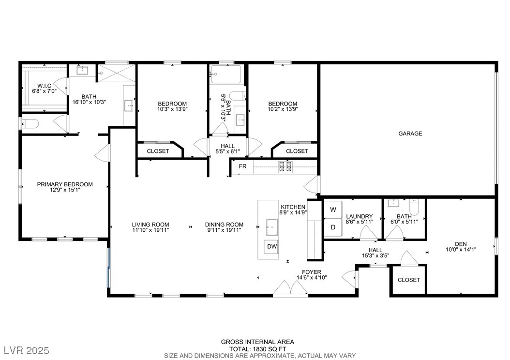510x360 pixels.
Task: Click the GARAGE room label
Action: (410, 134)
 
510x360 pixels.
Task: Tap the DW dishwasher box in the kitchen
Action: (272, 246)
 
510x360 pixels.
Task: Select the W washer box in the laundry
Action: (333, 210)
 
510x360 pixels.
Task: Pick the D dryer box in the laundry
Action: (333, 227)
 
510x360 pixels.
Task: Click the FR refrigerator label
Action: (242, 166)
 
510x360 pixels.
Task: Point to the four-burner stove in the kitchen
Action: (285, 166)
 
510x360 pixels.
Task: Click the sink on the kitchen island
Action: (271, 227)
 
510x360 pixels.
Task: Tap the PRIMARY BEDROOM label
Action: (65, 184)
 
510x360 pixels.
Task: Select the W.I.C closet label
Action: (44, 86)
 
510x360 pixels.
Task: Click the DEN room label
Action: (461, 244)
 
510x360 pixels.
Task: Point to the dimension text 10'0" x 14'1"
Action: (461, 250)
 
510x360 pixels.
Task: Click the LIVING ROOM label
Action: (150, 225)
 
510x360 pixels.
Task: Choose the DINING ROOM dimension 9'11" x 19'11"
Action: (224, 230)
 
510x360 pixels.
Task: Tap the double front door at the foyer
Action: (290, 288)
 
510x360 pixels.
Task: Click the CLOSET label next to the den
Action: (409, 280)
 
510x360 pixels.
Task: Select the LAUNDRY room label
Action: (360, 216)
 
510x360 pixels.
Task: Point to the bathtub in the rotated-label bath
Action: (226, 75)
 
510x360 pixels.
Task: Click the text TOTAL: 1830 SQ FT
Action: (257, 348)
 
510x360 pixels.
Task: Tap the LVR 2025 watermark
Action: (26, 350)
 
